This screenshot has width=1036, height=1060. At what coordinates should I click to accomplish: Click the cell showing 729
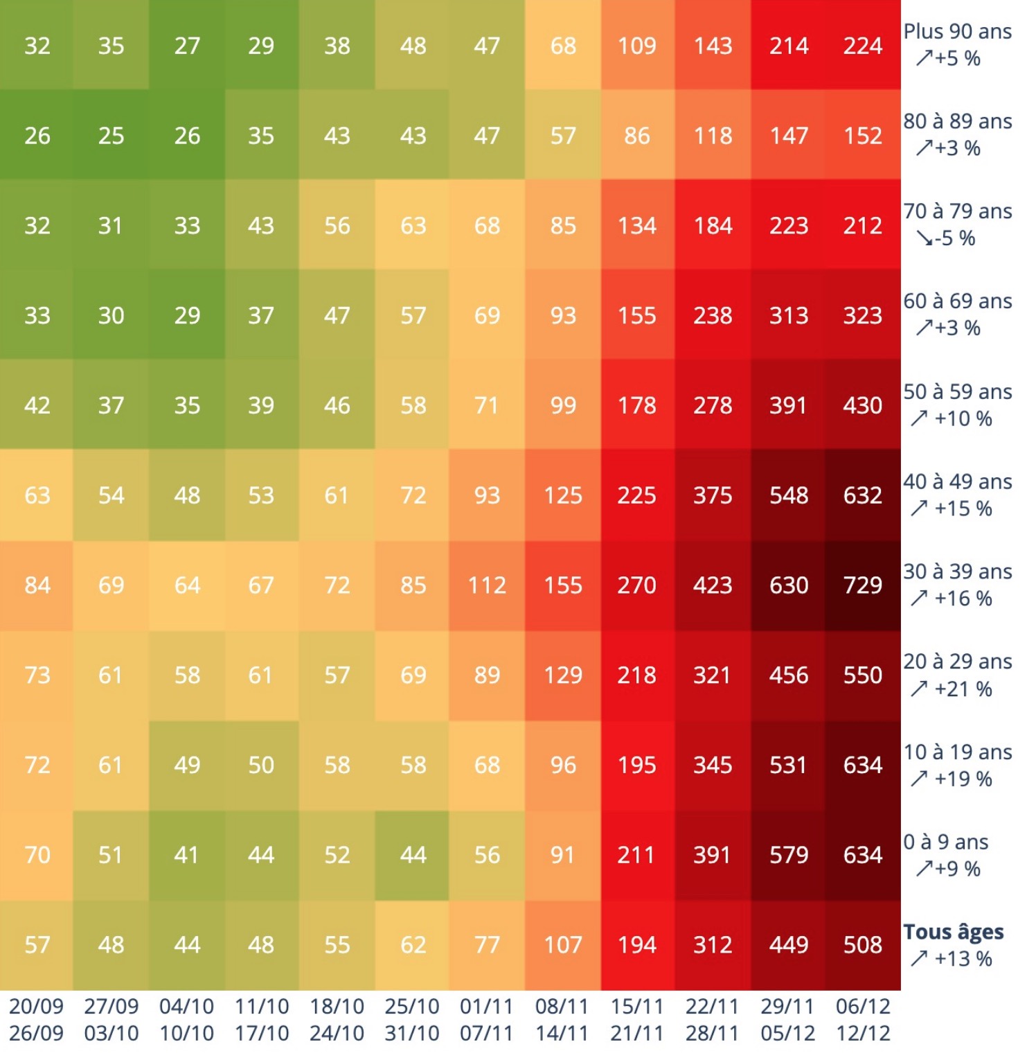pos(862,585)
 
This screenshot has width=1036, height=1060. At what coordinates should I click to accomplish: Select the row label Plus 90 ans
pos(957,32)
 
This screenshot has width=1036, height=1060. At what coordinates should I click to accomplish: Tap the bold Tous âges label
pos(953,932)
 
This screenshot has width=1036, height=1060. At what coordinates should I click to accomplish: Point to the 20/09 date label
pos(36,1006)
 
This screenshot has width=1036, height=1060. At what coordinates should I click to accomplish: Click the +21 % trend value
pos(963,689)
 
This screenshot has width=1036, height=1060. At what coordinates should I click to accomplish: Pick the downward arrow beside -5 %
pos(924,238)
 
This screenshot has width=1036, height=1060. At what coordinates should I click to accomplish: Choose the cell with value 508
pos(862,945)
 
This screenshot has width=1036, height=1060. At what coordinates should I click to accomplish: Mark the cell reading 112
pos(487,585)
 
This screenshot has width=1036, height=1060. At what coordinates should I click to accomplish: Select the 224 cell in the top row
pos(862,46)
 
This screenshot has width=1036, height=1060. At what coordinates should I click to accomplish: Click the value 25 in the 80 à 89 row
pos(111,136)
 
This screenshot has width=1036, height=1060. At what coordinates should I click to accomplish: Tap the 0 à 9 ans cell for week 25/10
pos(413,855)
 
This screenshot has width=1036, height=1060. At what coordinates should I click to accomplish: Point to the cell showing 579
pos(788,855)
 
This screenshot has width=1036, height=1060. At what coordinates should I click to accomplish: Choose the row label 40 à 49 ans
pos(957,482)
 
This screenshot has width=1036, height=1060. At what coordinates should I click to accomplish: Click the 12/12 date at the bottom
pos(862,1033)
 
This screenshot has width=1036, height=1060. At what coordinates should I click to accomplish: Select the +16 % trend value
pos(963,599)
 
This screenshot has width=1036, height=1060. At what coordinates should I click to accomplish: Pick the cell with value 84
pos(37,585)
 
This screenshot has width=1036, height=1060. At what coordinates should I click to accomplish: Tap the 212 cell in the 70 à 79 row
pos(862,226)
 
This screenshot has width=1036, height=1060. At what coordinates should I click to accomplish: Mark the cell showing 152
pos(862,136)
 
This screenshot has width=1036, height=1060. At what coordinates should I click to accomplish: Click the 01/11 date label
pos(486,1006)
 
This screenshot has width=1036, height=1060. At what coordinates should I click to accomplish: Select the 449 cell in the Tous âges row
pos(788,945)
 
